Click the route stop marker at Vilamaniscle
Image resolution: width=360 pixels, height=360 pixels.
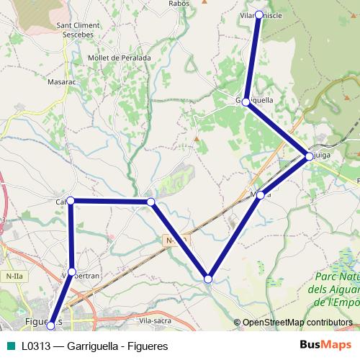coord(259,14)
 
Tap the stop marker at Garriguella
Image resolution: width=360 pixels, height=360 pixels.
coord(246,102)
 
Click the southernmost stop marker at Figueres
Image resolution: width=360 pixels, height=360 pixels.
coord(50,326)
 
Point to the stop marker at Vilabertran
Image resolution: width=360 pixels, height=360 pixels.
coord(71,271)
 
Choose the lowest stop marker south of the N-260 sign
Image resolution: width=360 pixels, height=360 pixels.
coord(208,278)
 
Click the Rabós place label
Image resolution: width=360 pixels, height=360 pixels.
coord(179,4)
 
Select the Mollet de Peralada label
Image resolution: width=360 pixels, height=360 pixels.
coord(118,58)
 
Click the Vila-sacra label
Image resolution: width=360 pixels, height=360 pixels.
coord(154,320)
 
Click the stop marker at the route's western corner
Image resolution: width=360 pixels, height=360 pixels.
coord(71,201)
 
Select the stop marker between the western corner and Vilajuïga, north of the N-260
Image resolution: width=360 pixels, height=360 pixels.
coord(150,202)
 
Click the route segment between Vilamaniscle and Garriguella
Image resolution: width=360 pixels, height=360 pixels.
coord(253,58)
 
